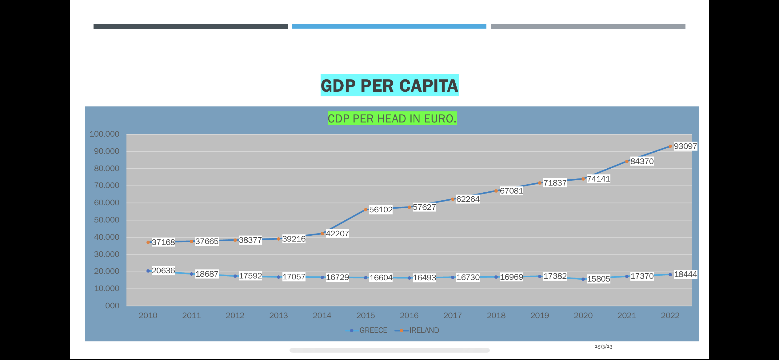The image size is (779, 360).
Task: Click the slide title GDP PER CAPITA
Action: pyautogui.click(x=389, y=86)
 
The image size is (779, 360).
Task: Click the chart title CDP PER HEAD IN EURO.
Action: pyautogui.click(x=392, y=118)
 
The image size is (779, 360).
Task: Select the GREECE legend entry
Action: pyautogui.click(x=373, y=330)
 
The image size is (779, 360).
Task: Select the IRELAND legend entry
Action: pyautogui.click(x=424, y=330)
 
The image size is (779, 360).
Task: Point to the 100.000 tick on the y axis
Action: pyautogui.click(x=104, y=134)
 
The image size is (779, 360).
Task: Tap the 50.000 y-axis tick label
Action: pyautogui.click(x=106, y=220)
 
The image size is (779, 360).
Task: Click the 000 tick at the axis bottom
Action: pyautogui.click(x=112, y=306)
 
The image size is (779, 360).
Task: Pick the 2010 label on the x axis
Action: pyautogui.click(x=148, y=316)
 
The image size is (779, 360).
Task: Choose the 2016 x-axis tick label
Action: pyautogui.click(x=409, y=316)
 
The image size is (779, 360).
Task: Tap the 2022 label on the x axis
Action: pyautogui.click(x=670, y=316)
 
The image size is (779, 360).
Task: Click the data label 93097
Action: pyautogui.click(x=685, y=146)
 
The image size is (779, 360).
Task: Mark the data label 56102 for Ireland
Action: pyautogui.click(x=381, y=210)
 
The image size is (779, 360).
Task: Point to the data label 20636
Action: pyautogui.click(x=163, y=270)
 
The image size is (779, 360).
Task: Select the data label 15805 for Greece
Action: pyautogui.click(x=598, y=279)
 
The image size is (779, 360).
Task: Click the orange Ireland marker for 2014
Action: pyautogui.click(x=322, y=234)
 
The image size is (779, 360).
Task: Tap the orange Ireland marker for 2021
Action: pyautogui.click(x=627, y=162)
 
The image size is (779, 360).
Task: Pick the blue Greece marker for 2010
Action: pyautogui.click(x=148, y=271)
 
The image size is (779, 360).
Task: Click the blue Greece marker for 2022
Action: pyautogui.click(x=670, y=274)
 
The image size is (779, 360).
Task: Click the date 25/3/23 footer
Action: pyautogui.click(x=603, y=347)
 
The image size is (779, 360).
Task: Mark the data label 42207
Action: pyautogui.click(x=337, y=234)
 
